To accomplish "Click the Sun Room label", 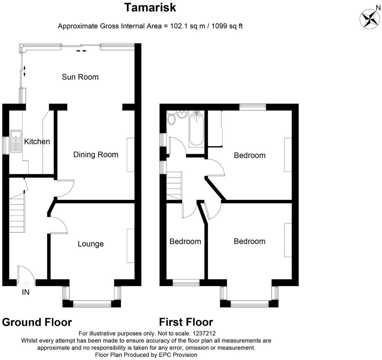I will (80, 77).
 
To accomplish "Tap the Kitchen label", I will (37, 141).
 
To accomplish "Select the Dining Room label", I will (96, 155).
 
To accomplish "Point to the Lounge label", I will (90, 244).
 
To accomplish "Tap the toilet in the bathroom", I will (171, 119).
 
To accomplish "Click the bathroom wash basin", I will (182, 115).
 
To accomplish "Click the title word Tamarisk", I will (150, 7).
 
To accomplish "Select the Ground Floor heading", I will (37, 322).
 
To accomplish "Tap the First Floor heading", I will (186, 322).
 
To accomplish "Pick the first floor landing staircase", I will (174, 186).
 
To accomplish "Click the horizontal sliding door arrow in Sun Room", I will (81, 51).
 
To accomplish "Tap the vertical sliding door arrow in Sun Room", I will (24, 71).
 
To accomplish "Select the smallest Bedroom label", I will (185, 242).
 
